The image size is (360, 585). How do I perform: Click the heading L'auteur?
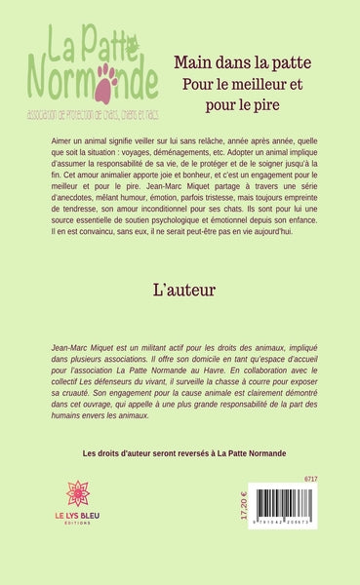[180, 291]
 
